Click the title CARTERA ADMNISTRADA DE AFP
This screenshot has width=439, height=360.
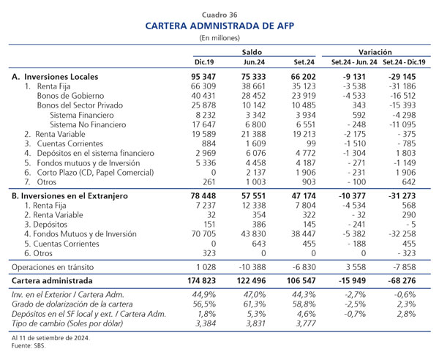(x=219, y=26)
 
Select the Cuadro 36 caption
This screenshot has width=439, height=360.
(x=219, y=15)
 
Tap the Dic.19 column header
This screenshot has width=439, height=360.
(x=204, y=62)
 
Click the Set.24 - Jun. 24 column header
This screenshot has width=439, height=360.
(x=354, y=62)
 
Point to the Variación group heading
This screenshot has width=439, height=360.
(x=375, y=52)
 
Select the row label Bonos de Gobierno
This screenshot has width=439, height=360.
(x=70, y=96)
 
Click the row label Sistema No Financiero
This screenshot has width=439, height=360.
(x=88, y=124)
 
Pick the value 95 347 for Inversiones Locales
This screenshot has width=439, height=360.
(x=203, y=77)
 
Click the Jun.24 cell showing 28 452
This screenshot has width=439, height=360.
(x=254, y=96)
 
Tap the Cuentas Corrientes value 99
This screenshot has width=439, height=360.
(x=311, y=143)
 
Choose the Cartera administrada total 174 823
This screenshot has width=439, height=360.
(x=202, y=280)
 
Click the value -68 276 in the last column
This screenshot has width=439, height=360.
(x=402, y=280)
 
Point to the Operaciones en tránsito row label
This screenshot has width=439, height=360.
(x=53, y=267)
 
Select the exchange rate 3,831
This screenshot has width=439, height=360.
(x=255, y=323)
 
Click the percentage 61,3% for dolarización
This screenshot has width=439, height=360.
(x=255, y=304)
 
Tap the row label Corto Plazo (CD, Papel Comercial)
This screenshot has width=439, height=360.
(x=95, y=173)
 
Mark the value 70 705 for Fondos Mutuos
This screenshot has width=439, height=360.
(x=203, y=233)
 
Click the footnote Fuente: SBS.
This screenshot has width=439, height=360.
(x=28, y=345)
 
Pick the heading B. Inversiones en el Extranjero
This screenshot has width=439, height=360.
(x=70, y=196)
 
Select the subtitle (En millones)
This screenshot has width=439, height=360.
(x=219, y=38)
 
